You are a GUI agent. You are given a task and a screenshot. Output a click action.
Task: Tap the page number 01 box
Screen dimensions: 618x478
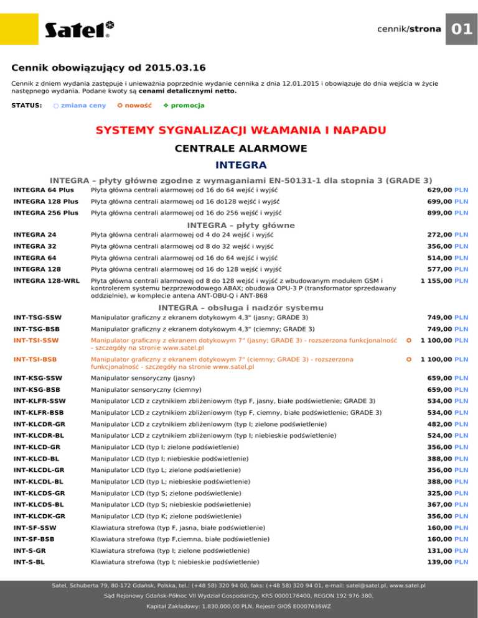pos(461,29)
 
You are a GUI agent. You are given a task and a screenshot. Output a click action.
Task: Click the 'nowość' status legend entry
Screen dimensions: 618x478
pos(135,105)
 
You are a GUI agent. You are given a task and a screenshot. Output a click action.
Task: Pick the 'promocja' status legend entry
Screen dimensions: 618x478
pos(184,105)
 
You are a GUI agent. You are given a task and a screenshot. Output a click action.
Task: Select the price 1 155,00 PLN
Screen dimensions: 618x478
pos(444,281)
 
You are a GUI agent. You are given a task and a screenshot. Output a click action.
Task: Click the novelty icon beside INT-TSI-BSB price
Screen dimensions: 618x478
pos(408,359)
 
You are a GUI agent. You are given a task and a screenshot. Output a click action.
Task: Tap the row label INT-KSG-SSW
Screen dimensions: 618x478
pos(37,378)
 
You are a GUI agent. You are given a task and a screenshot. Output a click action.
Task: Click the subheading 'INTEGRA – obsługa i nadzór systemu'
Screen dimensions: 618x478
pos(241,308)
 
